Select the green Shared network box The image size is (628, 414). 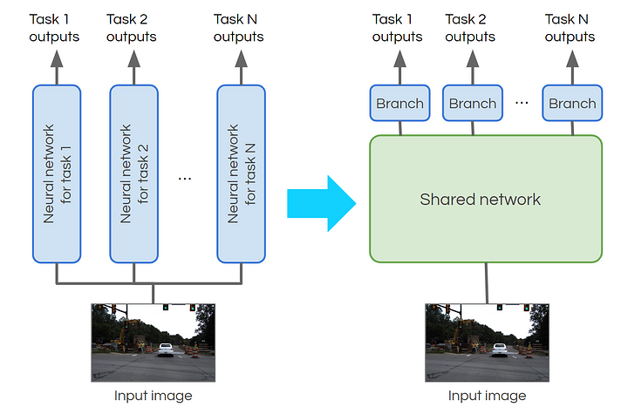(486, 199)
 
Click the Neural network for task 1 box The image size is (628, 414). (57, 173)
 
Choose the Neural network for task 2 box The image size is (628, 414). (133, 173)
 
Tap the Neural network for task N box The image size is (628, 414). (240, 173)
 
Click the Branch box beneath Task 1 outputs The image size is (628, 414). (400, 104)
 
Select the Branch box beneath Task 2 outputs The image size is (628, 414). (473, 104)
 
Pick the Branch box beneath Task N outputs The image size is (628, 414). (572, 104)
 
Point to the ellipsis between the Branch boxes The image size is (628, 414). (522, 103)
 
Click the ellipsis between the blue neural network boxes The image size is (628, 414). (185, 178)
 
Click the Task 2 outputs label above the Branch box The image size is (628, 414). (472, 28)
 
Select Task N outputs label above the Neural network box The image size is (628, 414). (239, 28)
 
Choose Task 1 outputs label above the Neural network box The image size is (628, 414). (54, 28)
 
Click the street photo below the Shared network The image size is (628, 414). (487, 342)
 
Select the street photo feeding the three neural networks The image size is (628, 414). (154, 342)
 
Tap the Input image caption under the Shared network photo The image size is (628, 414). (487, 396)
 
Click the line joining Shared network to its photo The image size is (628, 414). (487, 282)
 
